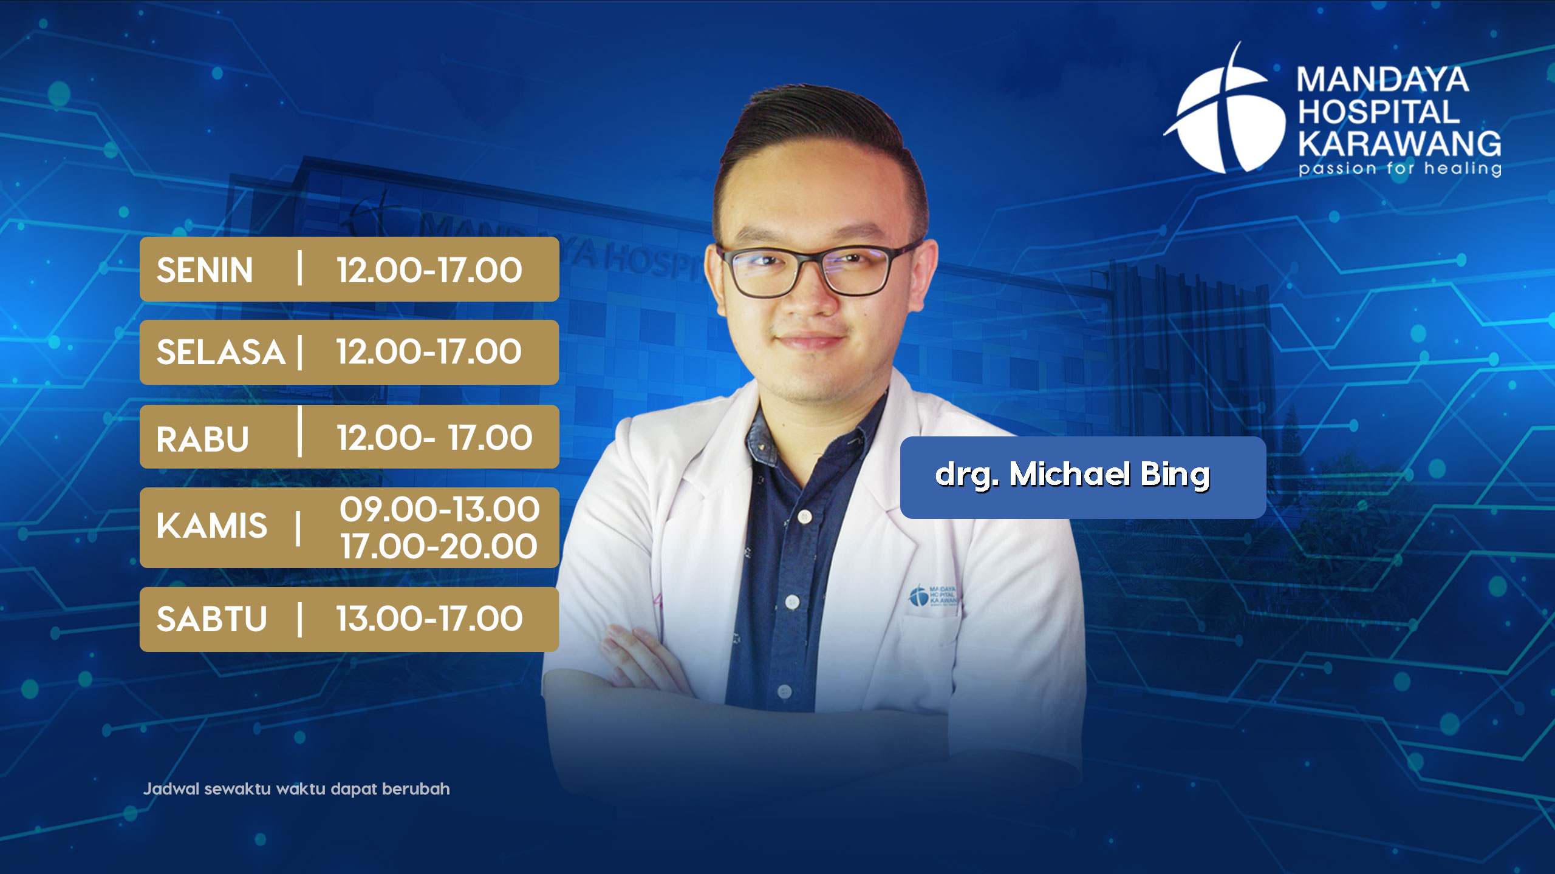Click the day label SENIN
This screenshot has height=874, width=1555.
205,270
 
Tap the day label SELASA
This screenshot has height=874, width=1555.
220,352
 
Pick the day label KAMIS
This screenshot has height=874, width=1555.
211,526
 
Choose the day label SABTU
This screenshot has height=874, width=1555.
211,619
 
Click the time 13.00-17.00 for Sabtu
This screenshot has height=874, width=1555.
429,619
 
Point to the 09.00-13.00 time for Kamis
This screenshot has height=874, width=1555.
439,509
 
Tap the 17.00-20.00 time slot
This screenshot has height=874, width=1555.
439,546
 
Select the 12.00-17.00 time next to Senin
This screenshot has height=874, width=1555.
429,270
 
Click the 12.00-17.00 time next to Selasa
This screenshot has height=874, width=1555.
429,351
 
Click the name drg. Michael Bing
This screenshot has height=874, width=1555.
1073,475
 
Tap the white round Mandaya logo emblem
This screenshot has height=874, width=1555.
1227,112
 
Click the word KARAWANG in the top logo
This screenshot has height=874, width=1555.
1399,144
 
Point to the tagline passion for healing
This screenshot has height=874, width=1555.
1400,168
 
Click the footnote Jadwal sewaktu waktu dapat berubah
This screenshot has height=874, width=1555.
296,789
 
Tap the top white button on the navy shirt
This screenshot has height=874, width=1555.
805,517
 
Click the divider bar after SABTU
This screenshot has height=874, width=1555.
300,619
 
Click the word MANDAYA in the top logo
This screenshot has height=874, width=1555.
1383,80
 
